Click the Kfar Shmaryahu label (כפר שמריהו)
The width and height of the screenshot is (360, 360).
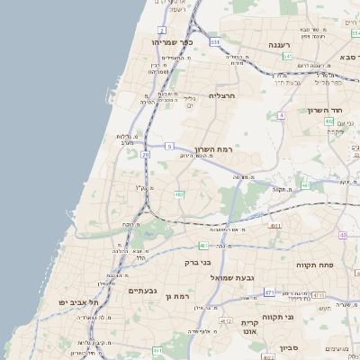173,42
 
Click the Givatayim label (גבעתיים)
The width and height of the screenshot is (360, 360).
142,291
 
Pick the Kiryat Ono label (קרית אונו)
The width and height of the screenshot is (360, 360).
250,327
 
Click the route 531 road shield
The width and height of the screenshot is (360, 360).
215,41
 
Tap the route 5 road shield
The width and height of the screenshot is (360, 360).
169,145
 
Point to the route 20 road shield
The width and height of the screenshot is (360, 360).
146,155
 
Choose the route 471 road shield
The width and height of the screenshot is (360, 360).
269,292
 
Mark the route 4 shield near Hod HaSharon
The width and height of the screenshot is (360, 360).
282,115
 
